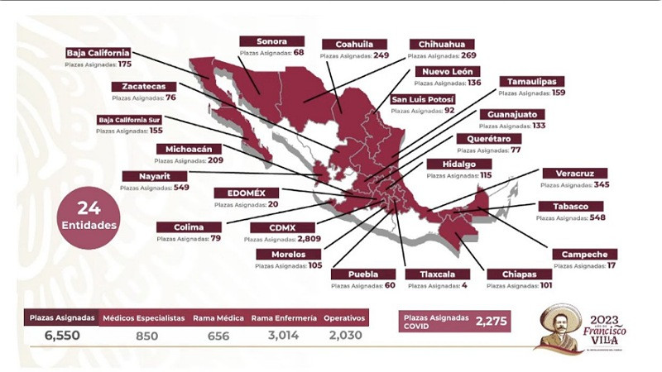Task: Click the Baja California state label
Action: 98,53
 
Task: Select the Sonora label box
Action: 271,41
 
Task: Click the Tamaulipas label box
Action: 531,82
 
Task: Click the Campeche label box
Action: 584,255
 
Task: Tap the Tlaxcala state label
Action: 437,274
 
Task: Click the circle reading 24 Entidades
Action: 89,217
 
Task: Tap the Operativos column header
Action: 343,317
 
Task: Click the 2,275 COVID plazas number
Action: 491,322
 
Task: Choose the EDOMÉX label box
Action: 240,193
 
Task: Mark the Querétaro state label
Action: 488,140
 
